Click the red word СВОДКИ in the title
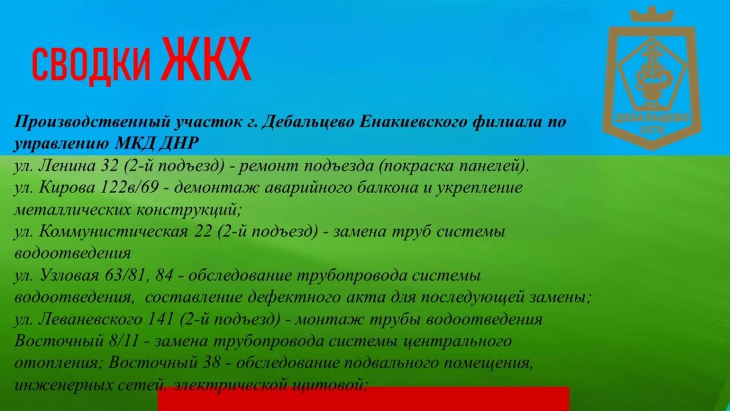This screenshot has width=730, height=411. [x=92, y=64]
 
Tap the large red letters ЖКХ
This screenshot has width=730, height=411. [x=207, y=59]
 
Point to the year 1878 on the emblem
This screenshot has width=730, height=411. [x=652, y=130]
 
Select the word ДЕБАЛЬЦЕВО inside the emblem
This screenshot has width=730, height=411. [x=652, y=118]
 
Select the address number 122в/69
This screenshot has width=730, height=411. [x=130, y=188]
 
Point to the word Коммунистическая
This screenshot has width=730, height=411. [x=114, y=232]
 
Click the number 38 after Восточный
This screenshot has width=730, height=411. [x=211, y=364]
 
